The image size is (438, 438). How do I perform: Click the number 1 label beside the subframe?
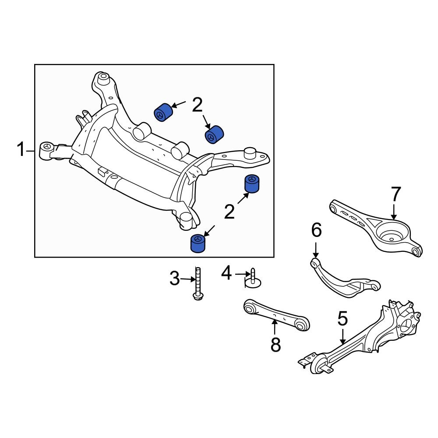coord(21,150)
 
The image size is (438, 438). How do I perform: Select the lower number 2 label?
coord(229,212)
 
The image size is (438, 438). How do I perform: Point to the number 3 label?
coord(174,279)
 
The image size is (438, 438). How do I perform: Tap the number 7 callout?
coord(395,194)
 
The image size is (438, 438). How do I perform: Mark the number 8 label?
coord(275,344)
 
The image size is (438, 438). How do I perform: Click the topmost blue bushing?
coord(163,112)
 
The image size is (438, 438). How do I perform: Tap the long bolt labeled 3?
coord(198,283)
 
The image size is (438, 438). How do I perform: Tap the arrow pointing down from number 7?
coord(394,211)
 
